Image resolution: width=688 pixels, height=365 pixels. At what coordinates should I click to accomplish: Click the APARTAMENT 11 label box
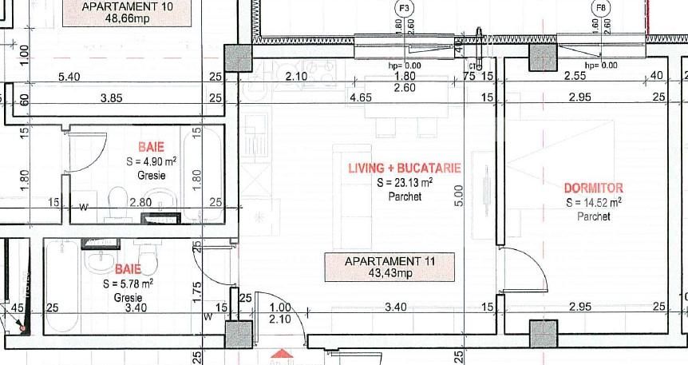[x=389, y=267]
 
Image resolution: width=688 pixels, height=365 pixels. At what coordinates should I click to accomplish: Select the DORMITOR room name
[x=593, y=188]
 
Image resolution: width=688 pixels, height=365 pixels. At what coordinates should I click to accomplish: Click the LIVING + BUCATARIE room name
[x=405, y=169]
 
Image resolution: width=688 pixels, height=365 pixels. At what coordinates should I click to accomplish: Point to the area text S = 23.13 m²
[x=405, y=183]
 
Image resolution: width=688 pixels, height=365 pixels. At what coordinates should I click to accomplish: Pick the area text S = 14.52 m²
[x=593, y=203]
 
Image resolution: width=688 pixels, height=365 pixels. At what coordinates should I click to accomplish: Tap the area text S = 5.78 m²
[x=128, y=283]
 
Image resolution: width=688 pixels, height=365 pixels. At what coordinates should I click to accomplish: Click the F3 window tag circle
[x=405, y=8]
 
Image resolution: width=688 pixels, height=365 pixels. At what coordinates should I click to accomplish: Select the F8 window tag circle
[x=601, y=8]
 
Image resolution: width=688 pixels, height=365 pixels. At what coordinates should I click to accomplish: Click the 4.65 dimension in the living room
[x=362, y=97]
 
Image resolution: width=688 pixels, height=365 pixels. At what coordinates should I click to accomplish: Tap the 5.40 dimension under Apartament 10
[x=70, y=77]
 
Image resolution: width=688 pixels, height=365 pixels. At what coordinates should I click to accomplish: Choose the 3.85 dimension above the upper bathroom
[x=110, y=97]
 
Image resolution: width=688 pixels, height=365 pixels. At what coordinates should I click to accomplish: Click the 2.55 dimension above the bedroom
[x=575, y=77]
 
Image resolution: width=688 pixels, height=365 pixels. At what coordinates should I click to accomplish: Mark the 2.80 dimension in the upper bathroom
[x=140, y=204]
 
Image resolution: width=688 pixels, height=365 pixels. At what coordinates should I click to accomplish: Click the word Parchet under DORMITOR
[x=593, y=216]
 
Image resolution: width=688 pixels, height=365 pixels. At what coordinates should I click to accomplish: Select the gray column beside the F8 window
[x=543, y=58]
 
